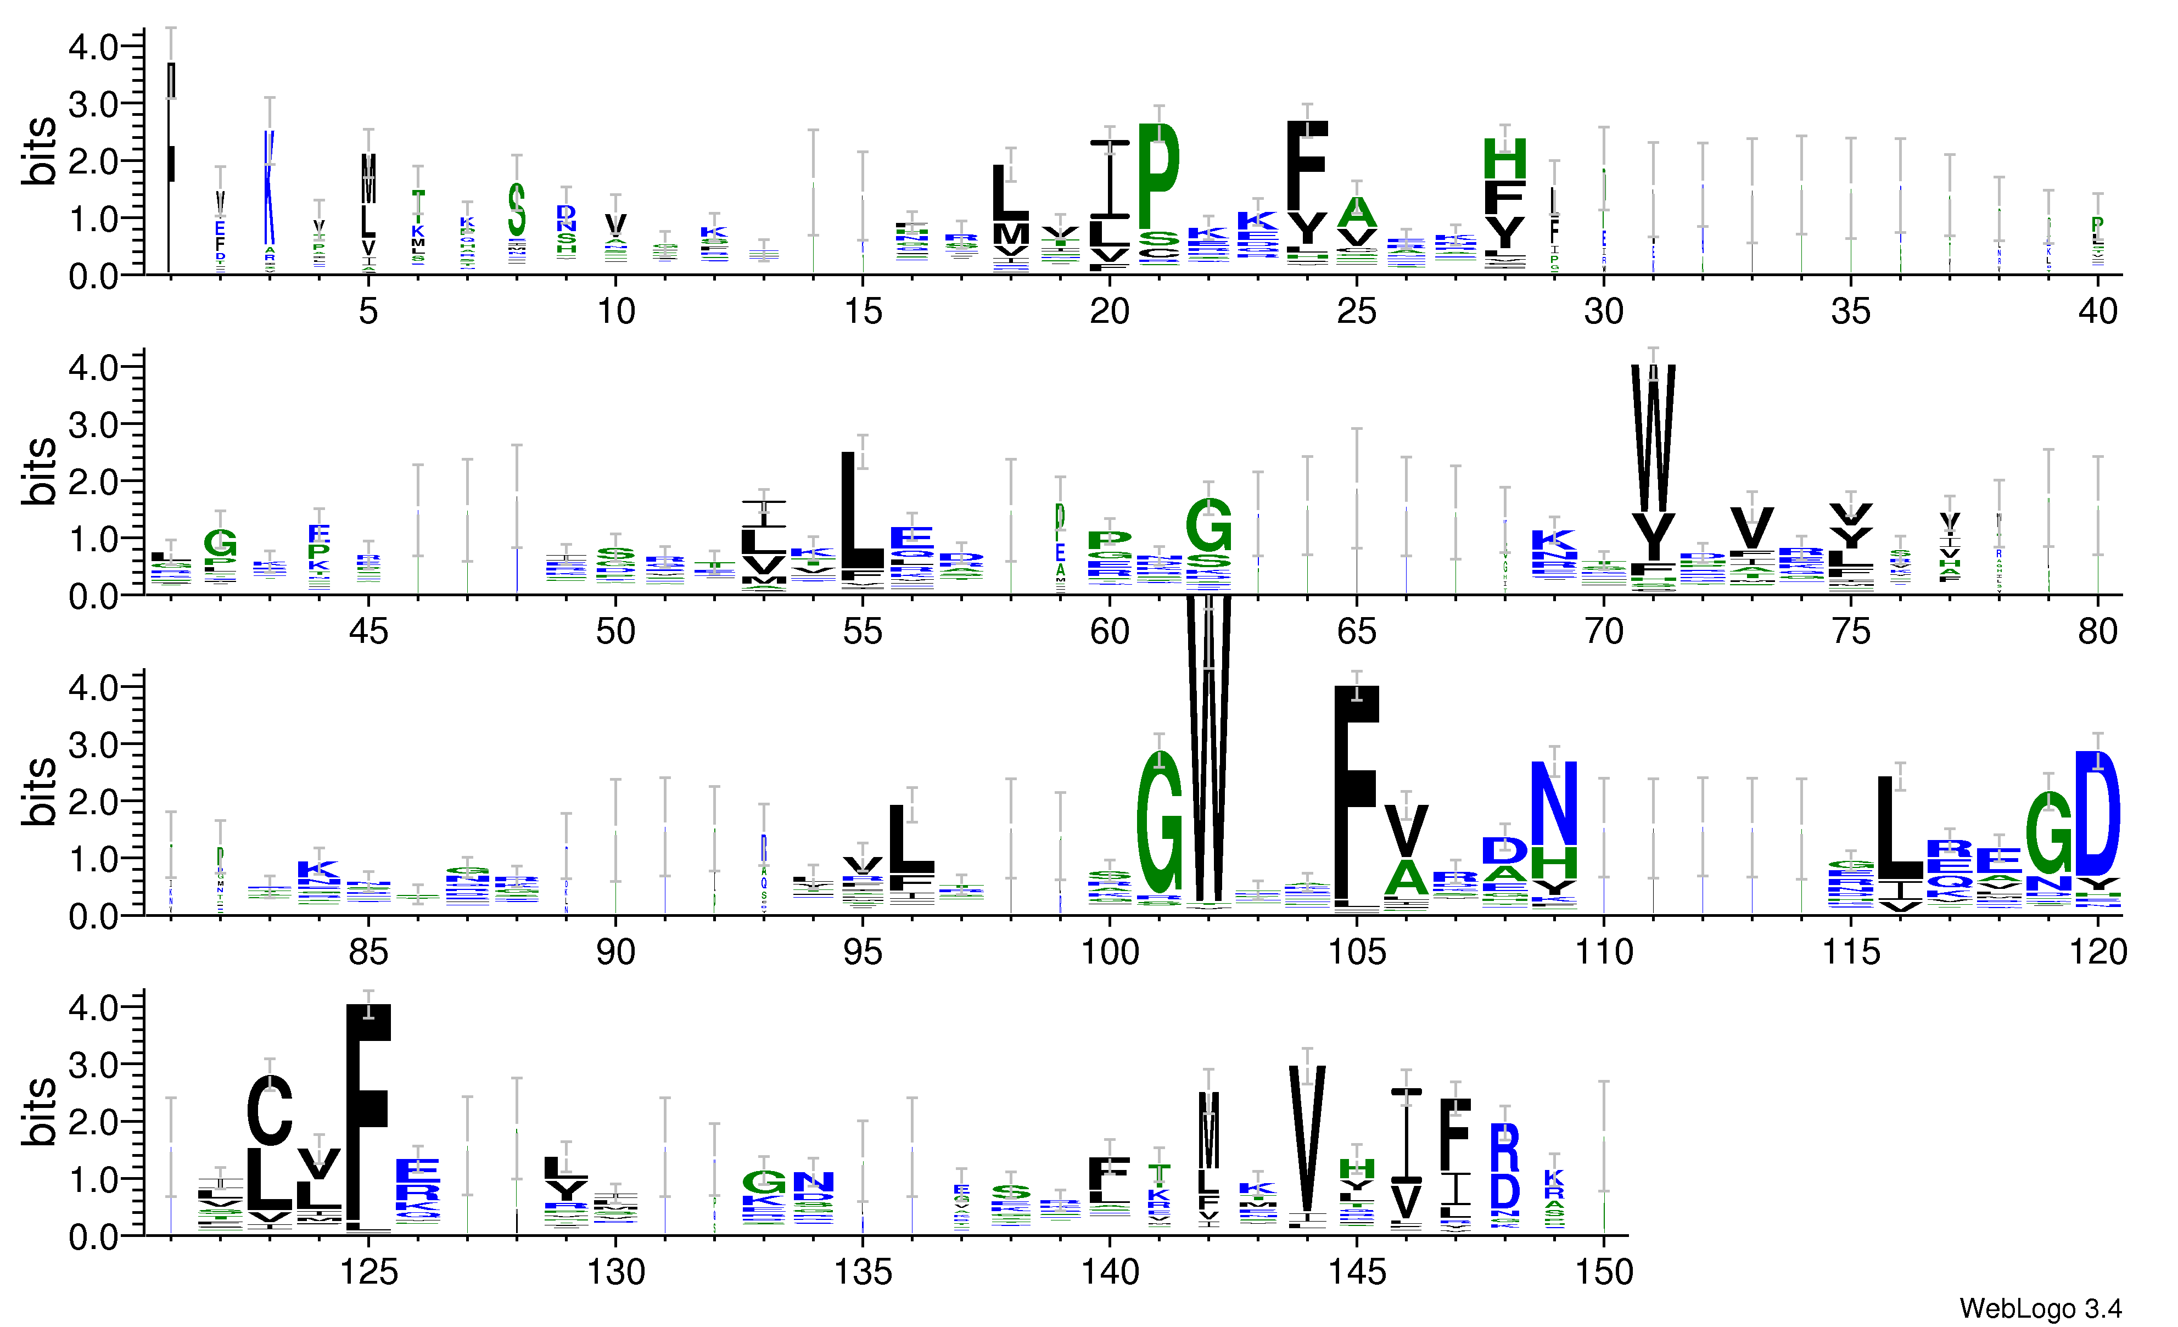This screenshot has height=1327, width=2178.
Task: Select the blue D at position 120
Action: pyautogui.click(x=2097, y=811)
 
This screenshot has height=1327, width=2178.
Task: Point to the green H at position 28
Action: pyautogui.click(x=1504, y=159)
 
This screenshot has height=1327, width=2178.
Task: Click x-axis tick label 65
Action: pyautogui.click(x=1356, y=631)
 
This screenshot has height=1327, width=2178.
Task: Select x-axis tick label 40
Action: pyautogui.click(x=2097, y=311)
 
